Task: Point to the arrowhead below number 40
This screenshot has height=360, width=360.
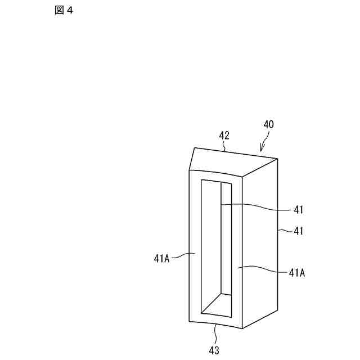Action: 260,150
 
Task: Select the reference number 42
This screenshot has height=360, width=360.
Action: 224,136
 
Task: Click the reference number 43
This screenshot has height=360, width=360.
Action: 214,350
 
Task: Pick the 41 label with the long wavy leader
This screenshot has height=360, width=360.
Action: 299,210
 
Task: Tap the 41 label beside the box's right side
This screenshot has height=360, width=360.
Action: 299,230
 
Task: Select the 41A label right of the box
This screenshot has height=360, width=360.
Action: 297,272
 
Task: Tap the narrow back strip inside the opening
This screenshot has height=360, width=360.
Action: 226,239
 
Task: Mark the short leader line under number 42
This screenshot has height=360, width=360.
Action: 224,147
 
